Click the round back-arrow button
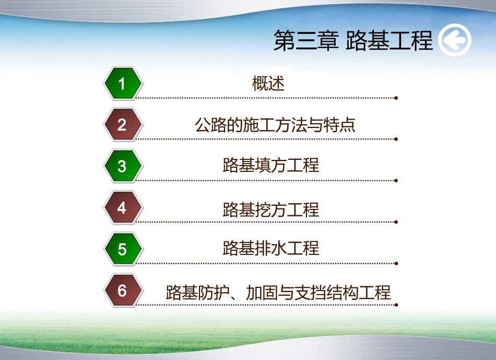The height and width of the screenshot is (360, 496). point(455,41)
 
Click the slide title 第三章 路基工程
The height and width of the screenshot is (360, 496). point(353,41)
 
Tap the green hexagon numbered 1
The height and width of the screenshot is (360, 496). point(122,84)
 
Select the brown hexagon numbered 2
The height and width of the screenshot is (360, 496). point(122,125)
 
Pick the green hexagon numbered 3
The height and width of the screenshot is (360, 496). point(122,166)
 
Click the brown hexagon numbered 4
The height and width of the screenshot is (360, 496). point(122,208)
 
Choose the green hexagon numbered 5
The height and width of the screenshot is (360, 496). point(122,249)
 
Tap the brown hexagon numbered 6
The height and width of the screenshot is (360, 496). point(122,291)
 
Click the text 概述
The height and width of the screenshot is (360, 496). point(268,84)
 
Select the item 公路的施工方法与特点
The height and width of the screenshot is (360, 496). point(275,125)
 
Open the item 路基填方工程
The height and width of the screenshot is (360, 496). point(270,166)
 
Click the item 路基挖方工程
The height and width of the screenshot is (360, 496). point(270,210)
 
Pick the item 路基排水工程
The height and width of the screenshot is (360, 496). point(270,248)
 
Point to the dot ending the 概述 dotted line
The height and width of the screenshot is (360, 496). point(396,98)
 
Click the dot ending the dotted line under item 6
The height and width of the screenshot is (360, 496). point(396,305)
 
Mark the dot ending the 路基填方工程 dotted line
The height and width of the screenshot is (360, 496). point(396,180)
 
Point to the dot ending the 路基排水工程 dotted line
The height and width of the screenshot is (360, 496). point(396,263)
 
